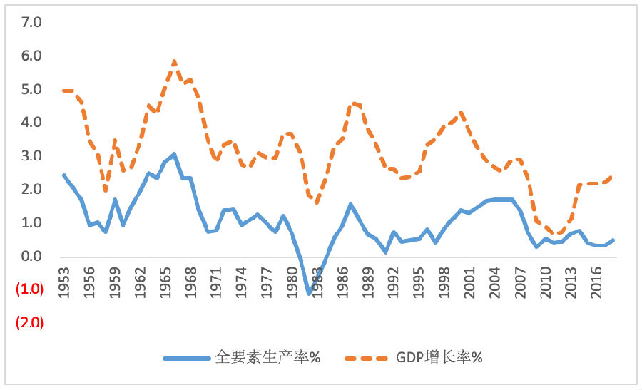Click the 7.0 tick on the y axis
[x=33, y=22]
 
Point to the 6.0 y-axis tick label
[x=33, y=56]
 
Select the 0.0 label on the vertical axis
[x=33, y=256]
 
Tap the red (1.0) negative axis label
[x=30, y=289]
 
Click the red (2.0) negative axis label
[x=30, y=322]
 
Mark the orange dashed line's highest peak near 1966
[x=174, y=61]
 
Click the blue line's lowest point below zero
[x=309, y=293]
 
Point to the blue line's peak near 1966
[x=174, y=154]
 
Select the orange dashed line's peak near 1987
[x=352, y=103]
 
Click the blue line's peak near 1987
[x=351, y=204]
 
